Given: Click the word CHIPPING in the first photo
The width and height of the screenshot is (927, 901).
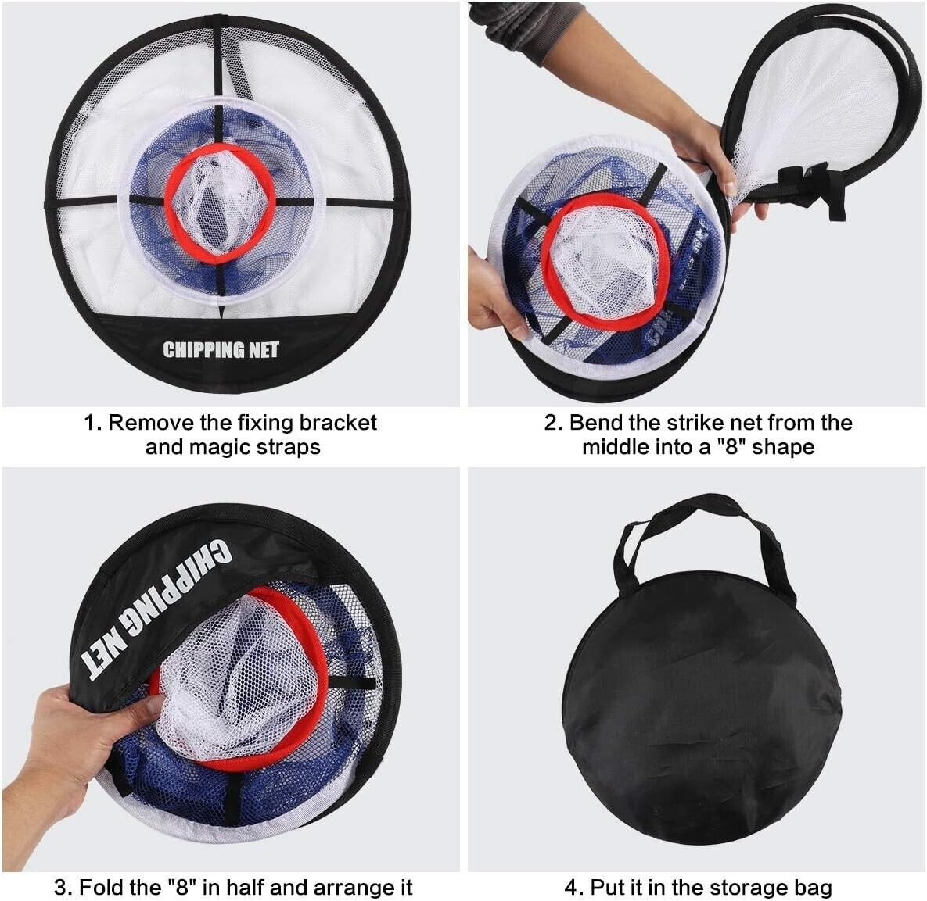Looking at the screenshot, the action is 203,350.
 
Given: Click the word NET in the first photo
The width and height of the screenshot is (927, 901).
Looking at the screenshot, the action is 264,350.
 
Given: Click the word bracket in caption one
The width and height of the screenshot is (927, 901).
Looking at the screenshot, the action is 338,423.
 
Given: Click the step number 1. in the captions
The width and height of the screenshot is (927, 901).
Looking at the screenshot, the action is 93,423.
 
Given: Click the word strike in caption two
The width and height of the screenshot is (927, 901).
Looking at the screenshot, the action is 698,423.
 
